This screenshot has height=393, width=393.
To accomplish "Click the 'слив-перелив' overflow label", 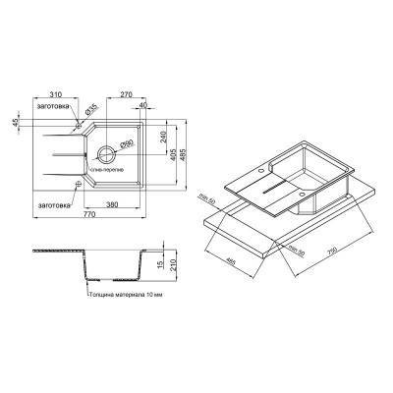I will (x=108, y=169).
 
